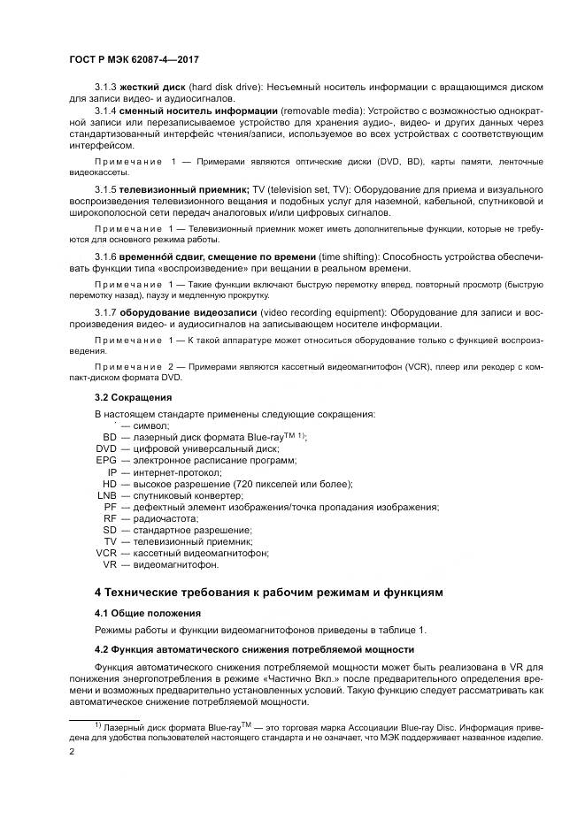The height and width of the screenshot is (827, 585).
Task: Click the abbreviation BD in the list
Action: coord(109,437)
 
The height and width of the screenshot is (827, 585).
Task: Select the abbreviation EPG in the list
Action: coord(106,460)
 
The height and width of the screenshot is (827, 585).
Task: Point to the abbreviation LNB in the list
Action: coord(106,495)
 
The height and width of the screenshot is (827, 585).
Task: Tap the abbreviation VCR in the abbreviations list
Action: coord(105,553)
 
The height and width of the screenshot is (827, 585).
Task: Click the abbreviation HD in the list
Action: coord(109,484)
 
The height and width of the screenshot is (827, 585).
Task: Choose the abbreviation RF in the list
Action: coord(109,518)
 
